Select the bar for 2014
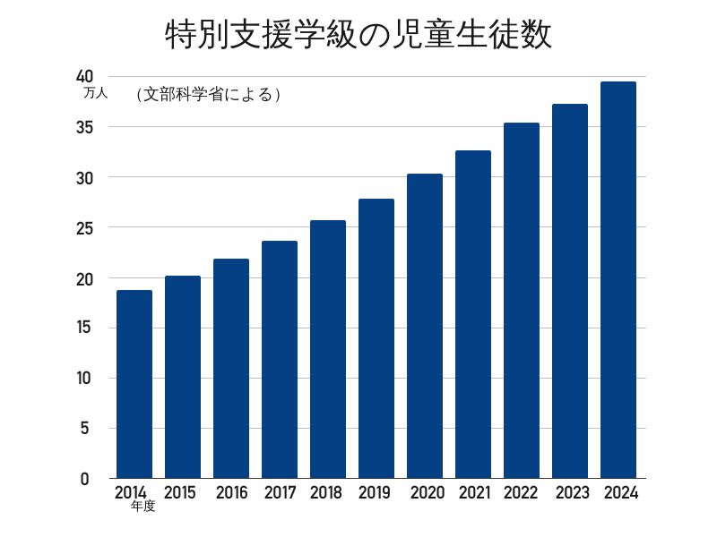134,384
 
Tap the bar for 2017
280,359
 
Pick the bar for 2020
425,326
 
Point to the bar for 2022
522,301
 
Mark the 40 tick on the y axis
85,77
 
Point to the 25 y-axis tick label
85,228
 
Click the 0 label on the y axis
85,479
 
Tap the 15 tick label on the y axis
85,328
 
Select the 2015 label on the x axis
180,492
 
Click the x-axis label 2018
325,492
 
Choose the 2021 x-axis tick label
473,492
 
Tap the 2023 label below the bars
572,492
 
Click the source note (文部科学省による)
209,94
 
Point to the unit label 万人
95,92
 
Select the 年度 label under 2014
143,507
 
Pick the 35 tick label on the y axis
85,127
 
